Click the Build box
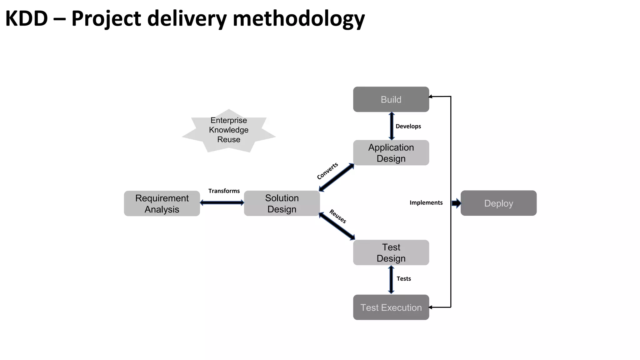pyautogui.click(x=391, y=99)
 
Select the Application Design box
pyautogui.click(x=391, y=153)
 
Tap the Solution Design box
pyautogui.click(x=282, y=203)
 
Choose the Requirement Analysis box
pyautogui.click(x=162, y=203)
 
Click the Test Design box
pyautogui.click(x=391, y=252)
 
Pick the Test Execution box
pyautogui.click(x=391, y=307)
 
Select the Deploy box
pyautogui.click(x=498, y=203)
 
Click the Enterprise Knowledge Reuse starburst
pyautogui.click(x=229, y=130)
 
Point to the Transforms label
pyautogui.click(x=224, y=191)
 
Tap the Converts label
pyautogui.click(x=327, y=171)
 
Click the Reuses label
pyautogui.click(x=338, y=217)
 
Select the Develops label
pyautogui.click(x=408, y=126)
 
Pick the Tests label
pyautogui.click(x=403, y=279)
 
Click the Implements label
pyautogui.click(x=426, y=203)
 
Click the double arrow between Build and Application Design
pyautogui.click(x=392, y=126)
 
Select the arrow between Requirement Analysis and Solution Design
pyautogui.click(x=222, y=203)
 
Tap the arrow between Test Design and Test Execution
pyautogui.click(x=391, y=280)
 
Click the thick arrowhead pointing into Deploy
pyautogui.click(x=457, y=203)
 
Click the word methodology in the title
pyautogui.click(x=299, y=19)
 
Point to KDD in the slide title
pyautogui.click(x=27, y=19)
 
